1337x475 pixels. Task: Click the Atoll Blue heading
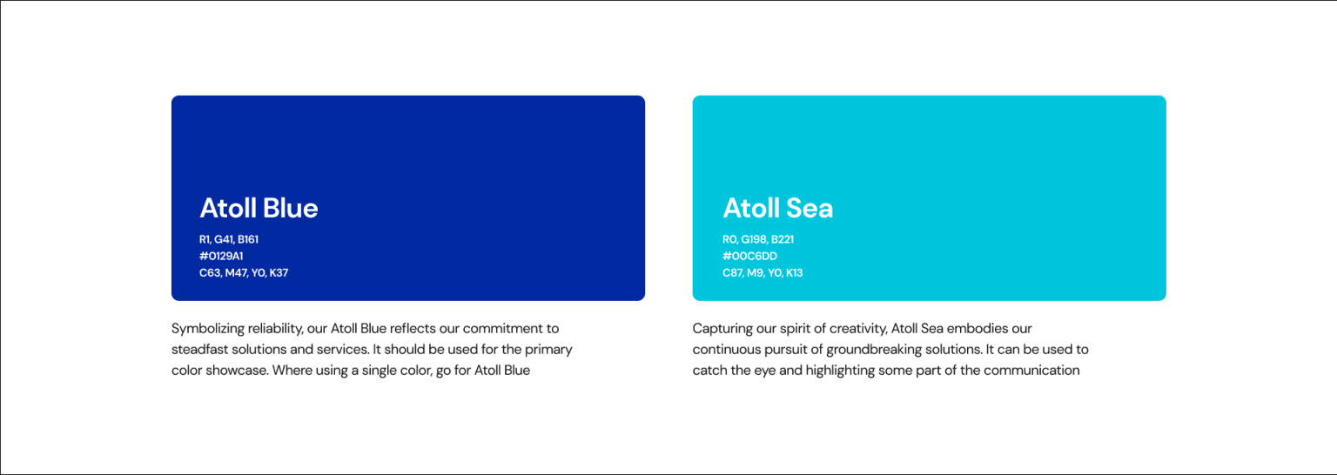coord(259,208)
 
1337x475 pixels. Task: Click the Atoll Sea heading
coord(777,208)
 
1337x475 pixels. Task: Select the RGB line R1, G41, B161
coord(229,239)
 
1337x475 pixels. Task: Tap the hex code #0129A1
coord(221,256)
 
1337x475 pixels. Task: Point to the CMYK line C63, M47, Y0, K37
coord(244,272)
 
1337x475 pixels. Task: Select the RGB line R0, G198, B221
coord(758,239)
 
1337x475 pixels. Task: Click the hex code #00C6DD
coord(749,256)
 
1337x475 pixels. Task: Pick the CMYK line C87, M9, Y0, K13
coord(763,272)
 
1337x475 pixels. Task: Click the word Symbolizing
coord(208,329)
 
